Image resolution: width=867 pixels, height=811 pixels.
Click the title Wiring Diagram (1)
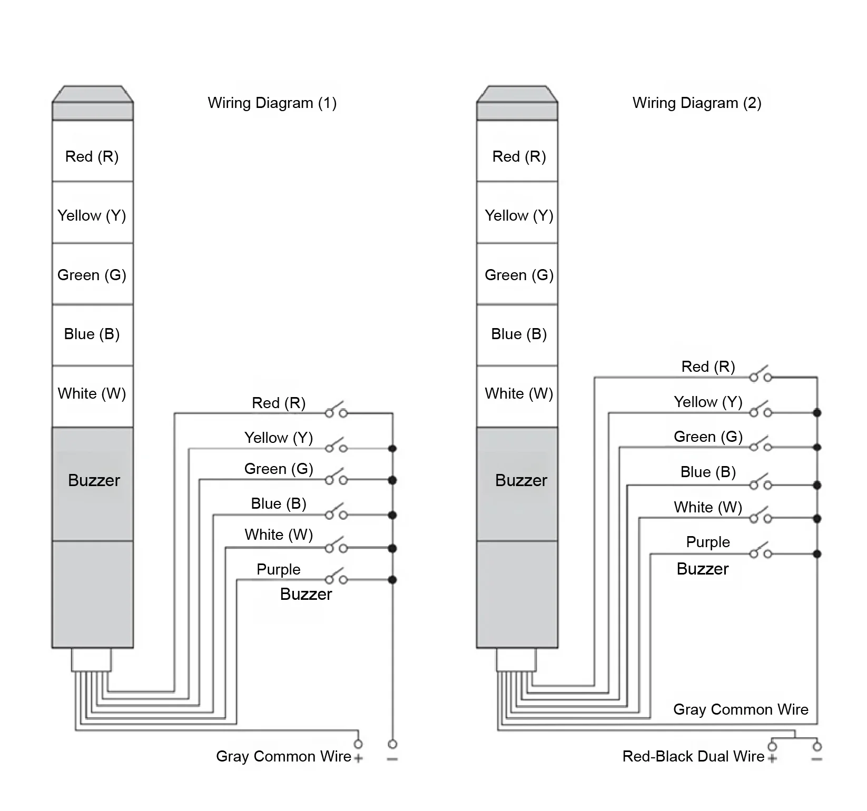click(x=272, y=103)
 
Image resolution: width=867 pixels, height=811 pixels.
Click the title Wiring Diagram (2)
click(x=697, y=103)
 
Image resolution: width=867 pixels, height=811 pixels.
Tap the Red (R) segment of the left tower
click(x=92, y=151)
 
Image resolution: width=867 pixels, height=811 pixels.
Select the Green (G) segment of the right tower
click(x=517, y=274)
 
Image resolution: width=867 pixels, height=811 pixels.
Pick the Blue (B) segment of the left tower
click(x=92, y=335)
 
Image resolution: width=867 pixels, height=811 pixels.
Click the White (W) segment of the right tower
click(x=517, y=397)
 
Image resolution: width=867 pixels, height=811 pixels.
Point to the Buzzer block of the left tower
click(x=92, y=484)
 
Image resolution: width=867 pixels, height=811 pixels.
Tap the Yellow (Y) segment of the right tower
click(x=517, y=212)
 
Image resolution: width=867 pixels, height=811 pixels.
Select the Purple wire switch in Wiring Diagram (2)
click(x=761, y=551)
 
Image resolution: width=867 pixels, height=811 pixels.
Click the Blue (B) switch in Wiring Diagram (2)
click(x=761, y=482)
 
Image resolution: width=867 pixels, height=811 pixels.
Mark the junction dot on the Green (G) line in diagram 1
click(x=392, y=480)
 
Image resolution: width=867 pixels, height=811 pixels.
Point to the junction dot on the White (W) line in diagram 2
click(x=817, y=519)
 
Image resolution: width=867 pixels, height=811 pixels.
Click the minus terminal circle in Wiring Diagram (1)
click(x=392, y=744)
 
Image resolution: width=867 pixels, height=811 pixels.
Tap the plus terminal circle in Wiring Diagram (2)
click(x=773, y=746)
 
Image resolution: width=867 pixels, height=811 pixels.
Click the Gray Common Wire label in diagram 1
click(x=283, y=756)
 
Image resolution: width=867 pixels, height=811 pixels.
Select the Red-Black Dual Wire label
click(x=693, y=756)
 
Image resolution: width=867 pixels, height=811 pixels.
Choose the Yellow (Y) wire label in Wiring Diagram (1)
click(x=279, y=438)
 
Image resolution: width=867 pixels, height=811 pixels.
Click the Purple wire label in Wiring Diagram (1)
click(x=279, y=569)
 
